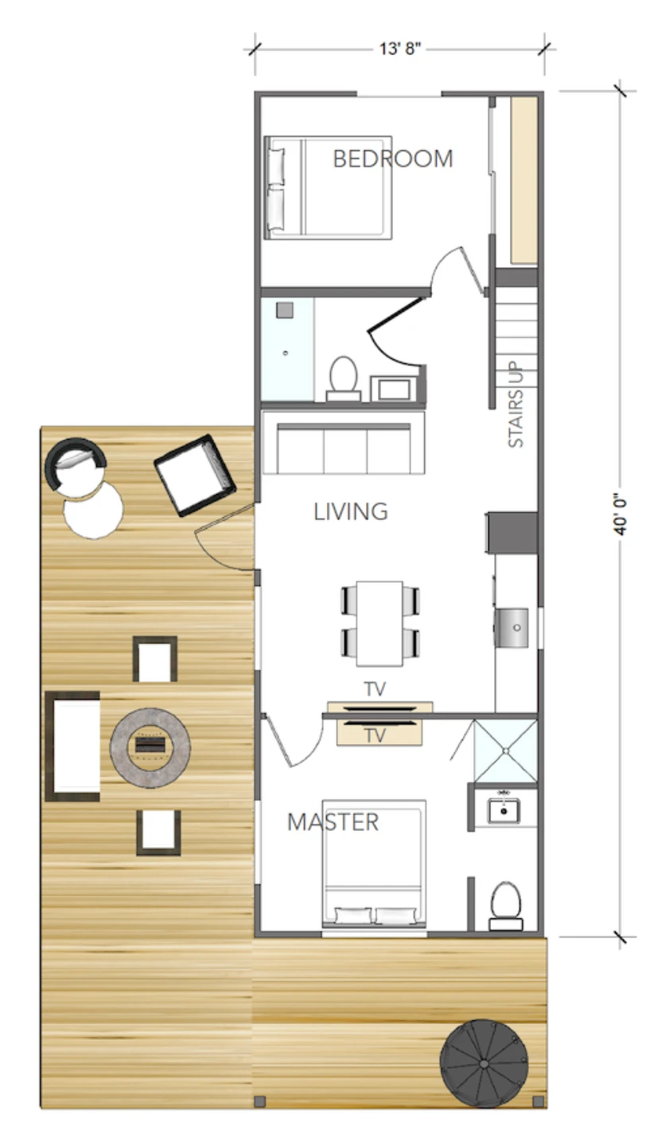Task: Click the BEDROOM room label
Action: point(393,158)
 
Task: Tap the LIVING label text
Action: point(351,512)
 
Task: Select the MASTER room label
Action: point(333,822)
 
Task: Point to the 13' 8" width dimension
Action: point(400,49)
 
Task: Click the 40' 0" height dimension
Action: point(620,514)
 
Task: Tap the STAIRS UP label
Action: point(516,404)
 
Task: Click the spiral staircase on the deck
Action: point(483,1064)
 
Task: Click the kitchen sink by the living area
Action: point(512,627)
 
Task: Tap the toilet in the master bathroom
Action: point(506,906)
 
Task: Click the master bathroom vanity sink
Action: point(504,811)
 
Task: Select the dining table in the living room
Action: point(380,623)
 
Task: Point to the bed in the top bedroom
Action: point(328,188)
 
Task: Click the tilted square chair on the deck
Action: point(195,475)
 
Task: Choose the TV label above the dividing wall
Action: point(375,689)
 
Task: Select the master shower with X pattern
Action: point(505,751)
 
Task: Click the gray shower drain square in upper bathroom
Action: point(285,310)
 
